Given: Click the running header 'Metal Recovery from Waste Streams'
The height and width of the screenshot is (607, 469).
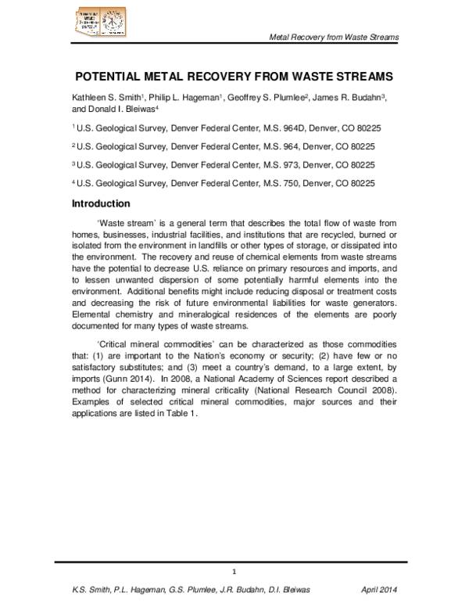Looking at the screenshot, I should coord(334,38).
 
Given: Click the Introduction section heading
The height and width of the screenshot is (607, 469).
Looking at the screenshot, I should coord(101,204).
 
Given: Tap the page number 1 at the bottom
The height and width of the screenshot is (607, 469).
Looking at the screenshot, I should coord(234,571).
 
